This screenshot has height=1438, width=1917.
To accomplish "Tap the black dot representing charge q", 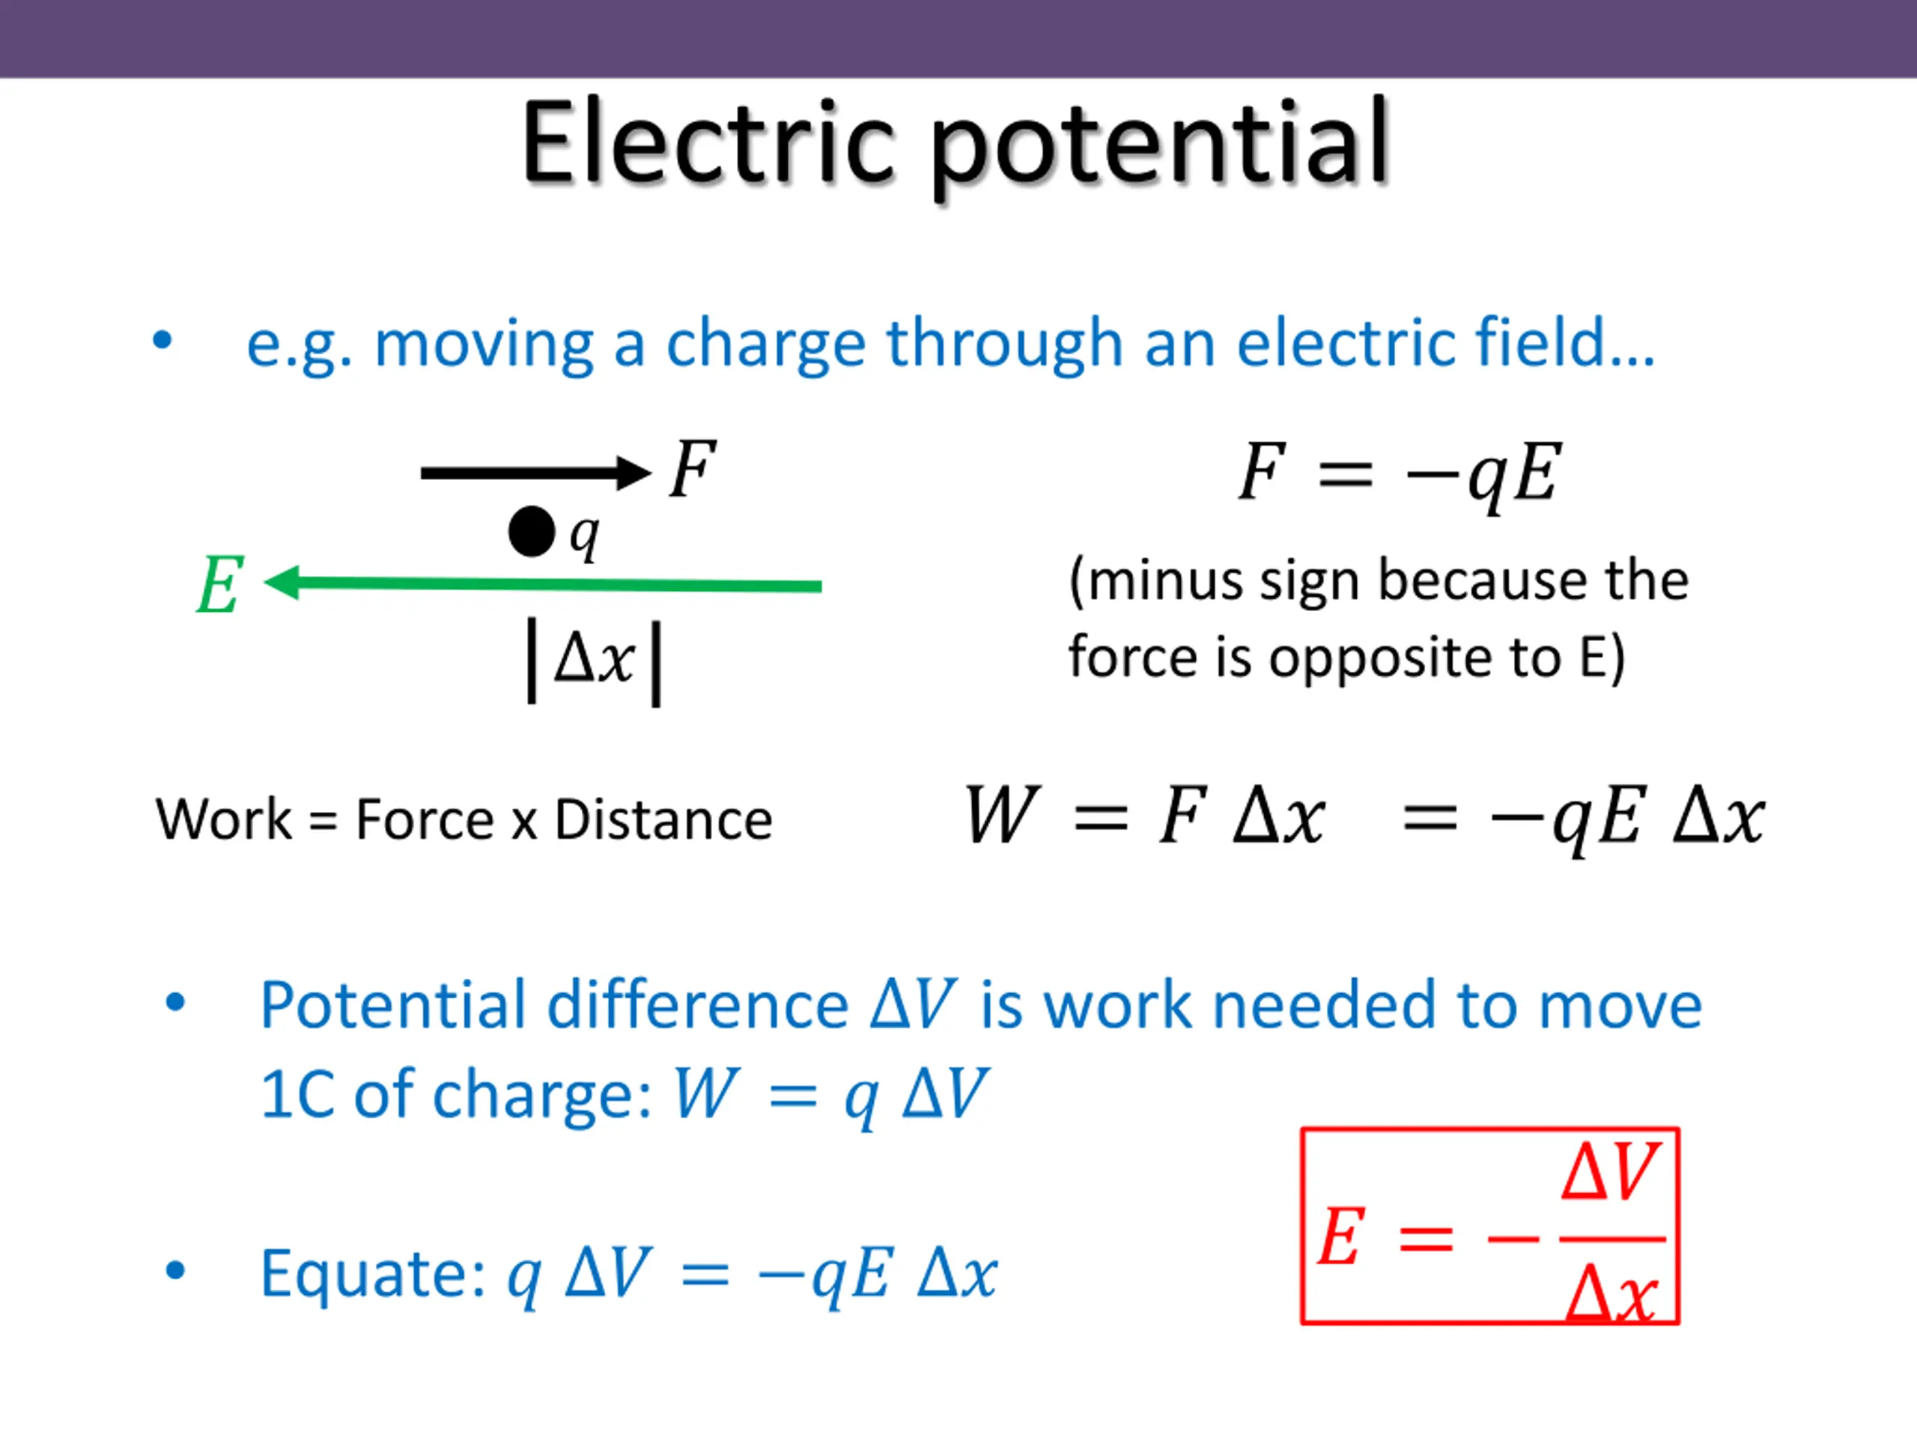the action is point(531,531).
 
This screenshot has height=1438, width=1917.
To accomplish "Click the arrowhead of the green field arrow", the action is point(282,583).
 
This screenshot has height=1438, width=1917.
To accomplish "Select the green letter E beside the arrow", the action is point(219,585).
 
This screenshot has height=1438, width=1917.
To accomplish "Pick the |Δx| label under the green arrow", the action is point(595,661).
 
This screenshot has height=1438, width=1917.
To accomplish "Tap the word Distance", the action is point(663,819).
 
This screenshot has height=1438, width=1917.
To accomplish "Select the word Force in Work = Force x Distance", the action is point(425,819).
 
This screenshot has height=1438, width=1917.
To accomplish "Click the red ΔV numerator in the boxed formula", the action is point(1610,1172).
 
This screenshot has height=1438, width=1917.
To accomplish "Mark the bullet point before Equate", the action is point(175,1271).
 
